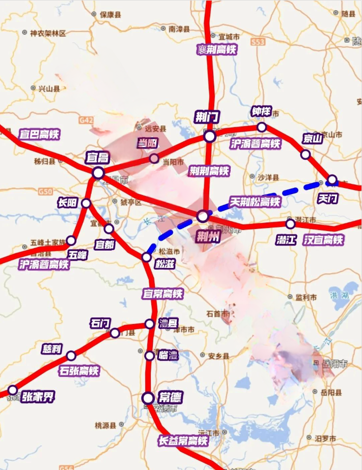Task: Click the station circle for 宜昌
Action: coord(98,173)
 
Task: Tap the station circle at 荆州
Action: coord(202,216)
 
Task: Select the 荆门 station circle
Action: coord(210,136)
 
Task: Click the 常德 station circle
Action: coord(148,398)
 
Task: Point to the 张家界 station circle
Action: coord(12,390)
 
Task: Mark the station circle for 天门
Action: coord(332,179)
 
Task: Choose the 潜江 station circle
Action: coord(290,223)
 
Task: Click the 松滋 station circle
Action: coord(146,257)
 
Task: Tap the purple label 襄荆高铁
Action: coord(216,49)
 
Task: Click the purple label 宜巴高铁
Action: coord(39,134)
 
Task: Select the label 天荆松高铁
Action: coord(255,202)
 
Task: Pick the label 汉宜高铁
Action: coord(324,240)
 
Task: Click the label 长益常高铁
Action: coord(183,440)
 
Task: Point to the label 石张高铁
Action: coord(79,371)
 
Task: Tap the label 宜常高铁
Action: coord(163,293)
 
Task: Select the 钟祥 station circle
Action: coord(262,127)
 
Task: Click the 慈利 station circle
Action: coord(71,355)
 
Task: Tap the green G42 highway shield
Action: coord(86,120)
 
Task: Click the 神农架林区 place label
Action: coord(48,33)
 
